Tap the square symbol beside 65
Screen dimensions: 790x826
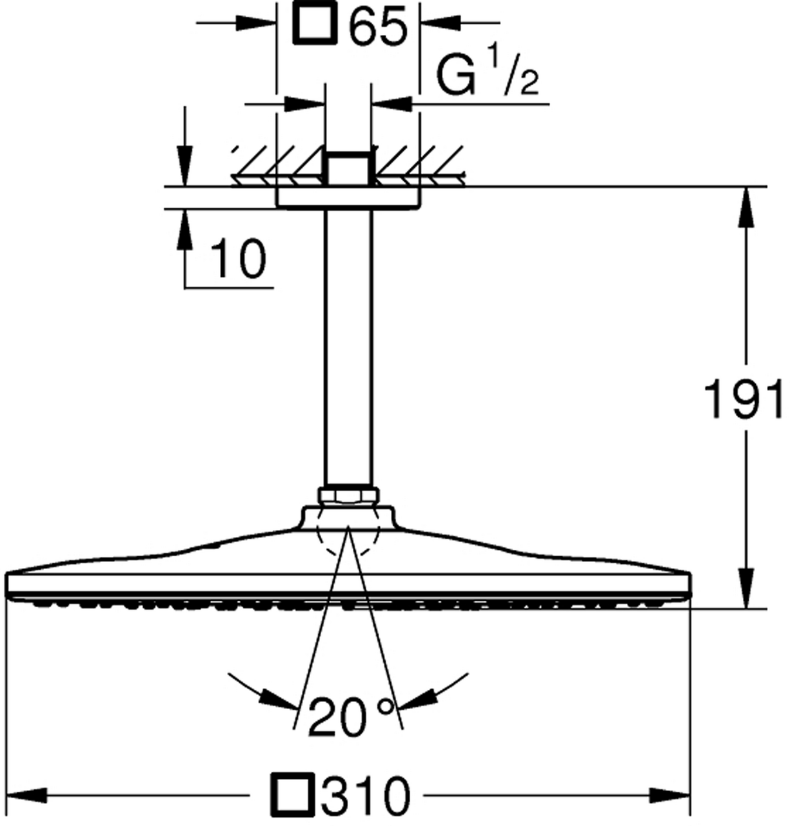pyautogui.click(x=315, y=23)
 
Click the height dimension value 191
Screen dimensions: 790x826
pyautogui.click(x=743, y=399)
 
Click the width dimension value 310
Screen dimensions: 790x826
pyautogui.click(x=366, y=794)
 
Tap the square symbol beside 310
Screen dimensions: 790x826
pyautogui.click(x=293, y=794)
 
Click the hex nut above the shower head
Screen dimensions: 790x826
pyautogui.click(x=349, y=495)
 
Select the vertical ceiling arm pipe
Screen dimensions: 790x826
pyautogui.click(x=348, y=347)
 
